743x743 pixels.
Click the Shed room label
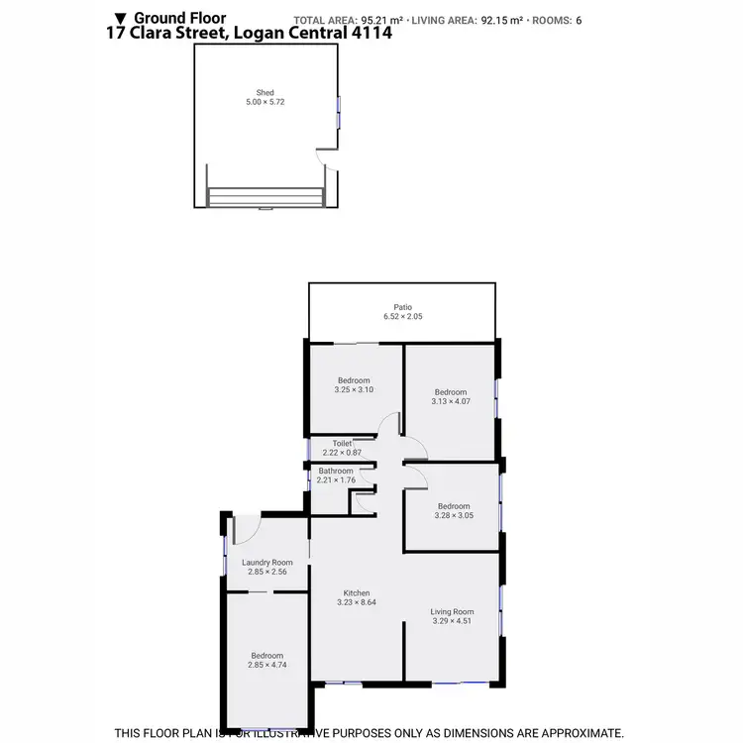click(265, 92)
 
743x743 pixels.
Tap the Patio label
click(401, 307)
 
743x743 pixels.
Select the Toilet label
click(342, 443)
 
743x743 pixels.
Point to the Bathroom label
click(336, 471)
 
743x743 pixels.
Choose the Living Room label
click(453, 611)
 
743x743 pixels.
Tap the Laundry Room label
click(267, 562)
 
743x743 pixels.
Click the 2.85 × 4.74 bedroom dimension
click(266, 665)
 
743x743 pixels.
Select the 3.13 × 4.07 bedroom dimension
click(451, 401)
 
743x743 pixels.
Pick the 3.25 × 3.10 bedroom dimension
click(354, 390)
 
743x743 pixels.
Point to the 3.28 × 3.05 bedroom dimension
click(454, 515)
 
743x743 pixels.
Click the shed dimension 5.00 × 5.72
click(265, 102)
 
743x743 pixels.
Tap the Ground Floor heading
click(180, 18)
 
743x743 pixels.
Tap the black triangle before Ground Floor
click(121, 18)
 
